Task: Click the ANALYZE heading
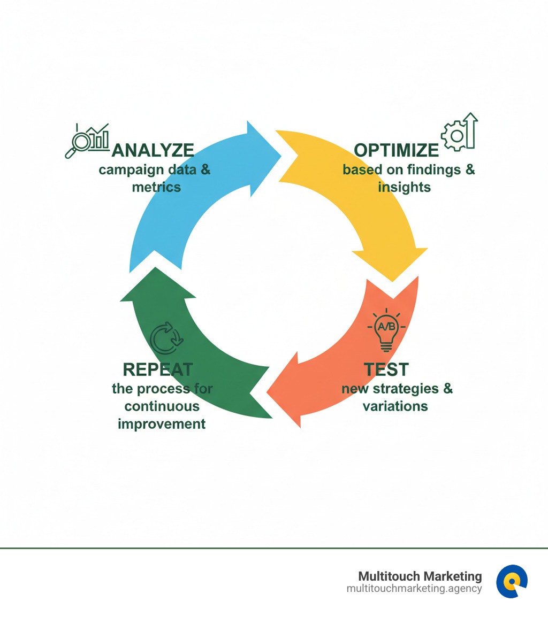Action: (x=153, y=150)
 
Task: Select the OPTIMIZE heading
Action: (x=397, y=150)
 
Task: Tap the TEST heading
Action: (x=386, y=369)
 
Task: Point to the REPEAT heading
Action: (x=158, y=369)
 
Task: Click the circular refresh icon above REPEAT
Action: (x=166, y=338)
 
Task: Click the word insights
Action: (x=404, y=187)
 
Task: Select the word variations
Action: (x=395, y=406)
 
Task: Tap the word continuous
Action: (x=162, y=406)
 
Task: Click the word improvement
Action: (x=162, y=423)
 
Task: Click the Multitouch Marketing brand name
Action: (x=420, y=576)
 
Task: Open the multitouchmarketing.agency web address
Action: (x=414, y=588)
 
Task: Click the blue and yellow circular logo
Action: (x=512, y=581)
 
